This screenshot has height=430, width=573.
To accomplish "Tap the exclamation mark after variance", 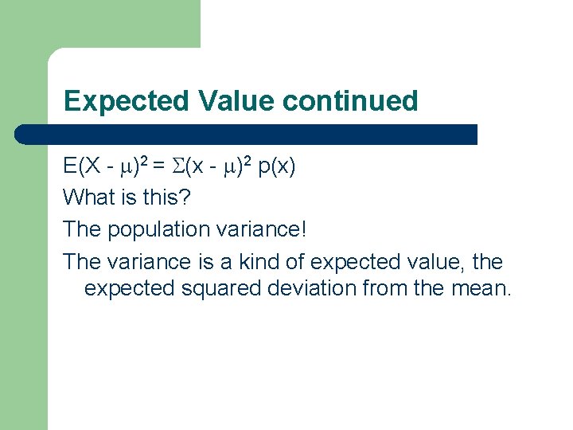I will point(302,229).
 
